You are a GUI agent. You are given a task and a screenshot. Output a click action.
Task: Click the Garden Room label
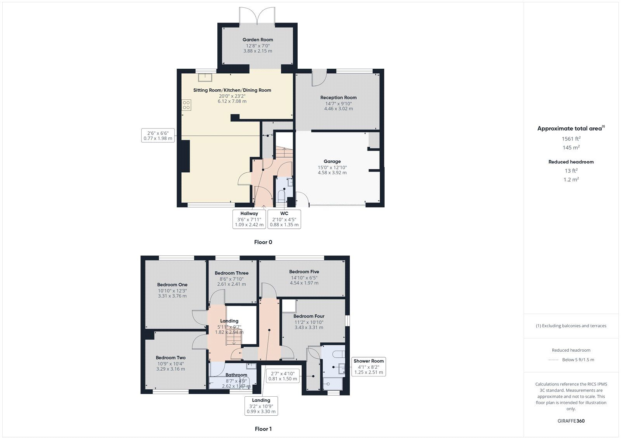pyautogui.click(x=258, y=40)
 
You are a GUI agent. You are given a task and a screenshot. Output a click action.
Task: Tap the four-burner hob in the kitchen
pyautogui.click(x=186, y=105)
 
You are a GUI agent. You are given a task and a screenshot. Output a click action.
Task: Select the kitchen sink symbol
pyautogui.click(x=205, y=77)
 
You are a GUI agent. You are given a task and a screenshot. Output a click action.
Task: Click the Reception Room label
pyautogui.click(x=338, y=97)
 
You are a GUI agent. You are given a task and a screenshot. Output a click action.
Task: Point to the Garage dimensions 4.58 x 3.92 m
pyautogui.click(x=332, y=173)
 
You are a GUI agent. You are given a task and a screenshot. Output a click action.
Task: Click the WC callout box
pyautogui.click(x=284, y=219)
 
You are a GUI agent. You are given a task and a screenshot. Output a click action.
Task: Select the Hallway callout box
pyautogui.click(x=249, y=219)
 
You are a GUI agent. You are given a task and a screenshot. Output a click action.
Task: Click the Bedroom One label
pyautogui.click(x=172, y=285)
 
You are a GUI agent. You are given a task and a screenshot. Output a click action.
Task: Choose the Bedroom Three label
pyautogui.click(x=231, y=273)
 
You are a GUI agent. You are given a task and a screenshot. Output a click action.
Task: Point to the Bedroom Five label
pyautogui.click(x=304, y=272)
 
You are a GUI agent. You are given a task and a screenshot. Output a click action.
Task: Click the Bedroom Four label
pyautogui.click(x=309, y=316)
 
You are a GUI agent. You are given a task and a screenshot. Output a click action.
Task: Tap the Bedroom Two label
pyautogui.click(x=170, y=357)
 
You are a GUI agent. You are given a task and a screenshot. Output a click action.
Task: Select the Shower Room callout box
pyautogui.click(x=368, y=366)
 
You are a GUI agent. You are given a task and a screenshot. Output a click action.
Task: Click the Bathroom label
pyautogui.click(x=236, y=375)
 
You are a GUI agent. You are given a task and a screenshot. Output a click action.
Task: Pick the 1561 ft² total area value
pyautogui.click(x=571, y=139)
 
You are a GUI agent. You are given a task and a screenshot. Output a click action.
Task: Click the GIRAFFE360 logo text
pyautogui.click(x=571, y=421)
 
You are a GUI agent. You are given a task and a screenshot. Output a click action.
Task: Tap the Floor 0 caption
pyautogui.click(x=263, y=242)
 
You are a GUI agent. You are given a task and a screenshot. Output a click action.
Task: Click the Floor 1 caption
pyautogui.click(x=263, y=429)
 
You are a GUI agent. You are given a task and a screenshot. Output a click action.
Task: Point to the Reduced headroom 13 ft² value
pyautogui.click(x=571, y=171)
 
